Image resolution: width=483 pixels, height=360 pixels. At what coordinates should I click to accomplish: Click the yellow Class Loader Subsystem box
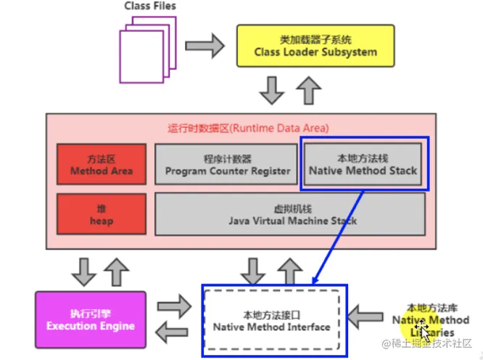[x=315, y=46]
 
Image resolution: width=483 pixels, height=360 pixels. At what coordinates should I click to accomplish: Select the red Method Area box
[x=102, y=164]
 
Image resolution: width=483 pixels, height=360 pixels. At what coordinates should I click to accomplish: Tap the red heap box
[x=102, y=214]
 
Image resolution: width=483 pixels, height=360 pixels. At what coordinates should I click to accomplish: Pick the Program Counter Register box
[x=226, y=164]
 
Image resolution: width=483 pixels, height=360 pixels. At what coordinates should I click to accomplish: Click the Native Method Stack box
[x=363, y=164]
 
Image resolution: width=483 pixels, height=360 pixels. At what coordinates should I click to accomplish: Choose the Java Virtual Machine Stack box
[x=290, y=214]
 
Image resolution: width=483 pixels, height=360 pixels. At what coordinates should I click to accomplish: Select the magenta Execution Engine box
[x=91, y=320]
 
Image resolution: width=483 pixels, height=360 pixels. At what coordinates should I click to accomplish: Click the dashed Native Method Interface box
[x=272, y=320]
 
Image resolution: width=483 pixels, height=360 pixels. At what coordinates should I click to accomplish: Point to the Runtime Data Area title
[x=248, y=128]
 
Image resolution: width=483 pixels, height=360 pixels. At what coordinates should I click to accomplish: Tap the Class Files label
[x=150, y=6]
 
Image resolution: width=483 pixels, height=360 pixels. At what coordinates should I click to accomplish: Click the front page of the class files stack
[x=141, y=57]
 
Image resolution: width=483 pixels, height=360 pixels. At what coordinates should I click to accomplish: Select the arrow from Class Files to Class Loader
[x=205, y=46]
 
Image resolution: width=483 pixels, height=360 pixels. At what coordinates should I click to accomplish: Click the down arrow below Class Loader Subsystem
[x=272, y=90]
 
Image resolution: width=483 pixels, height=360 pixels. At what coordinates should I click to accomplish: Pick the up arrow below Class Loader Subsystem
[x=309, y=90]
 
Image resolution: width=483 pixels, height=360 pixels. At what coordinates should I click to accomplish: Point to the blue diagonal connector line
[x=338, y=237]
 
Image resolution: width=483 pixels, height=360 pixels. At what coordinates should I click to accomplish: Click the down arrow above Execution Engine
[x=84, y=272]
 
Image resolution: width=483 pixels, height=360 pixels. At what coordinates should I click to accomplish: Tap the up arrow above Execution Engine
[x=117, y=272]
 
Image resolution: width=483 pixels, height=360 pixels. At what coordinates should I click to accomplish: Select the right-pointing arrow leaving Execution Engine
[x=174, y=306]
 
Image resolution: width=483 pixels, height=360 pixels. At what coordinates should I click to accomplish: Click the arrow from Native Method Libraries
[x=366, y=317]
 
